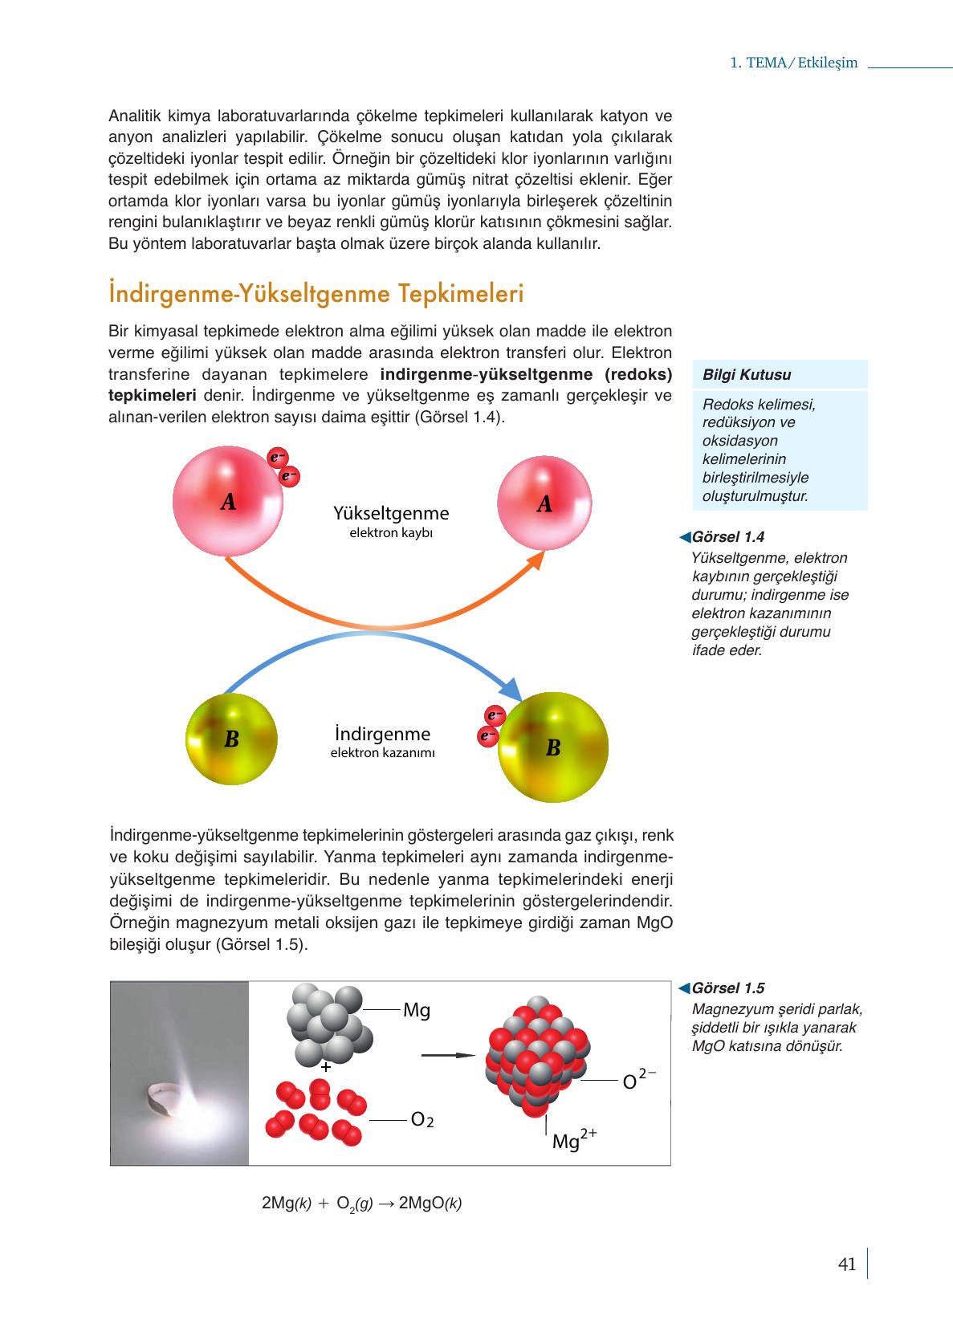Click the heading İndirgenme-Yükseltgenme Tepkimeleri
pos(316,295)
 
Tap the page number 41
pos(846,1265)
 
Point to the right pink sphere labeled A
pos(544,503)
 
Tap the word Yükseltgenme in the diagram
pos(391,513)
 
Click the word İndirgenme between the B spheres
pos(382,734)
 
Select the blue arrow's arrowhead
pos(511,690)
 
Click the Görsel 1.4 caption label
pos(727,537)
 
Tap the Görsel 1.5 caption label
pos(727,988)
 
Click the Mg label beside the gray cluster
pos(417,1011)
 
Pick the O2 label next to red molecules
pos(422,1119)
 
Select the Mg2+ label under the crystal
pos(573,1139)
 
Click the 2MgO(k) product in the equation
pos(430,1204)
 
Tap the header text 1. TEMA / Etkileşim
pos(793,63)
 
